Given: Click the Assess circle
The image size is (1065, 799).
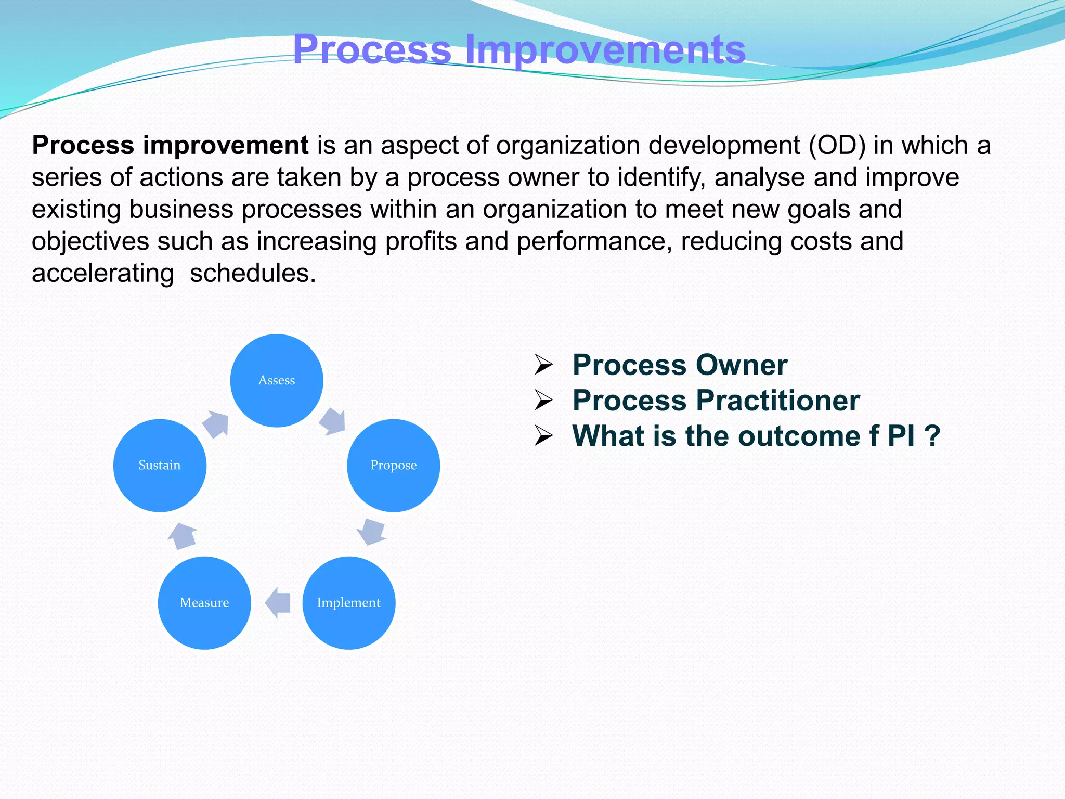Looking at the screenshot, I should click(277, 380).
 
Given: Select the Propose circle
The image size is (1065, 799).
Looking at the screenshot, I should click(393, 465).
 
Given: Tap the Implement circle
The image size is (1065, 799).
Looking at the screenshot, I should click(348, 602).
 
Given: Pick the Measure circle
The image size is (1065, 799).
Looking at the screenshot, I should click(204, 602).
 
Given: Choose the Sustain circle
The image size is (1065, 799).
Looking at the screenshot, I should click(160, 465).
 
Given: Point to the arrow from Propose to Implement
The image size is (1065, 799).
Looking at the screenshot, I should click(371, 531).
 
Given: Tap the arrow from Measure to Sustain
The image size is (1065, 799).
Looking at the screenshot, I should click(183, 536).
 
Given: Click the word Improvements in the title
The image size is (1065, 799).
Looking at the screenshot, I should click(605, 49).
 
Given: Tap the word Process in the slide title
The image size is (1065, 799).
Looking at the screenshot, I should click(372, 49).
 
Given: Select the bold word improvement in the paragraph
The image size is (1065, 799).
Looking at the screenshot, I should click(226, 145).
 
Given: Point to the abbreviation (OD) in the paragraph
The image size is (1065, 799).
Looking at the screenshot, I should click(837, 145).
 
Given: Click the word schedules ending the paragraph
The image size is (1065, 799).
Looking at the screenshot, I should click(253, 273).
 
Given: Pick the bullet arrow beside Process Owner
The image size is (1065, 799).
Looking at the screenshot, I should click(543, 365).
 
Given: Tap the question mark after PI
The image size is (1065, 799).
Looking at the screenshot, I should click(932, 436).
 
